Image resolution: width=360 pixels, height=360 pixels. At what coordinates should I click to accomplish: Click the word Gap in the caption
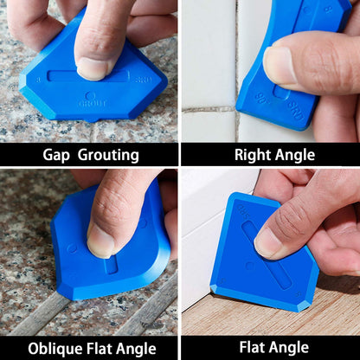coord(59,155)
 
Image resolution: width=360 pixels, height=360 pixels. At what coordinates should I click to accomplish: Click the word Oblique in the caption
coord(58,348)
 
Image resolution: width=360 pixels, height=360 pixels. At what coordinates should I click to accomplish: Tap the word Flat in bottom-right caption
coord(254,348)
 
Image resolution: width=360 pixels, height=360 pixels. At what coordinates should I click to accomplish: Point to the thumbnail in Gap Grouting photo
coord(93,67)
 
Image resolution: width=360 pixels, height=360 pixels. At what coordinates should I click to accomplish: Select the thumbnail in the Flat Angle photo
coord(268,243)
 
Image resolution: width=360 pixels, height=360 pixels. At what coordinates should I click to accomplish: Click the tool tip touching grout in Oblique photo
coord(69,293)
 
